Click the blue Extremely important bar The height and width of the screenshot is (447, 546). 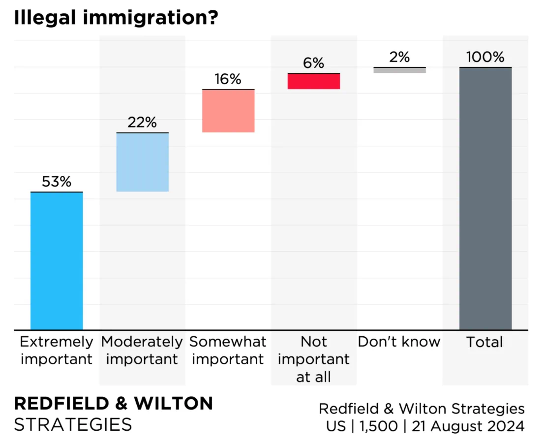coord(57,260)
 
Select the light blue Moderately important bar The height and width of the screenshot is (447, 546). coord(142,162)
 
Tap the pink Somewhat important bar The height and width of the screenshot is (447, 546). coord(228,111)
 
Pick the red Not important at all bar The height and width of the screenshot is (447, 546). coord(314,81)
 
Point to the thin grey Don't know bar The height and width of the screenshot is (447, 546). coord(399,70)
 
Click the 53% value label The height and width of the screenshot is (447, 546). coord(57,182)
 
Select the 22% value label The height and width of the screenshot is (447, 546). coord(142,123)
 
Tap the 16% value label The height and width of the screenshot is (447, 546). coord(228,79)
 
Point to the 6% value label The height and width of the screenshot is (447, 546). coord(314,63)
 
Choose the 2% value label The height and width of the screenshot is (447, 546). coord(399,58)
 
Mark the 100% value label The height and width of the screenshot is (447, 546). coord(485,58)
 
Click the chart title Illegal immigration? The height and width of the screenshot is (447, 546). coord(116,19)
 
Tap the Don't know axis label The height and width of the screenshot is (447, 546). coord(399,342)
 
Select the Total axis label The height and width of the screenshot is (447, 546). coord(485,342)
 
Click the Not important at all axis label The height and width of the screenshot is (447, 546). coord(314,359)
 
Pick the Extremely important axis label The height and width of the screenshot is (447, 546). coord(57,351)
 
